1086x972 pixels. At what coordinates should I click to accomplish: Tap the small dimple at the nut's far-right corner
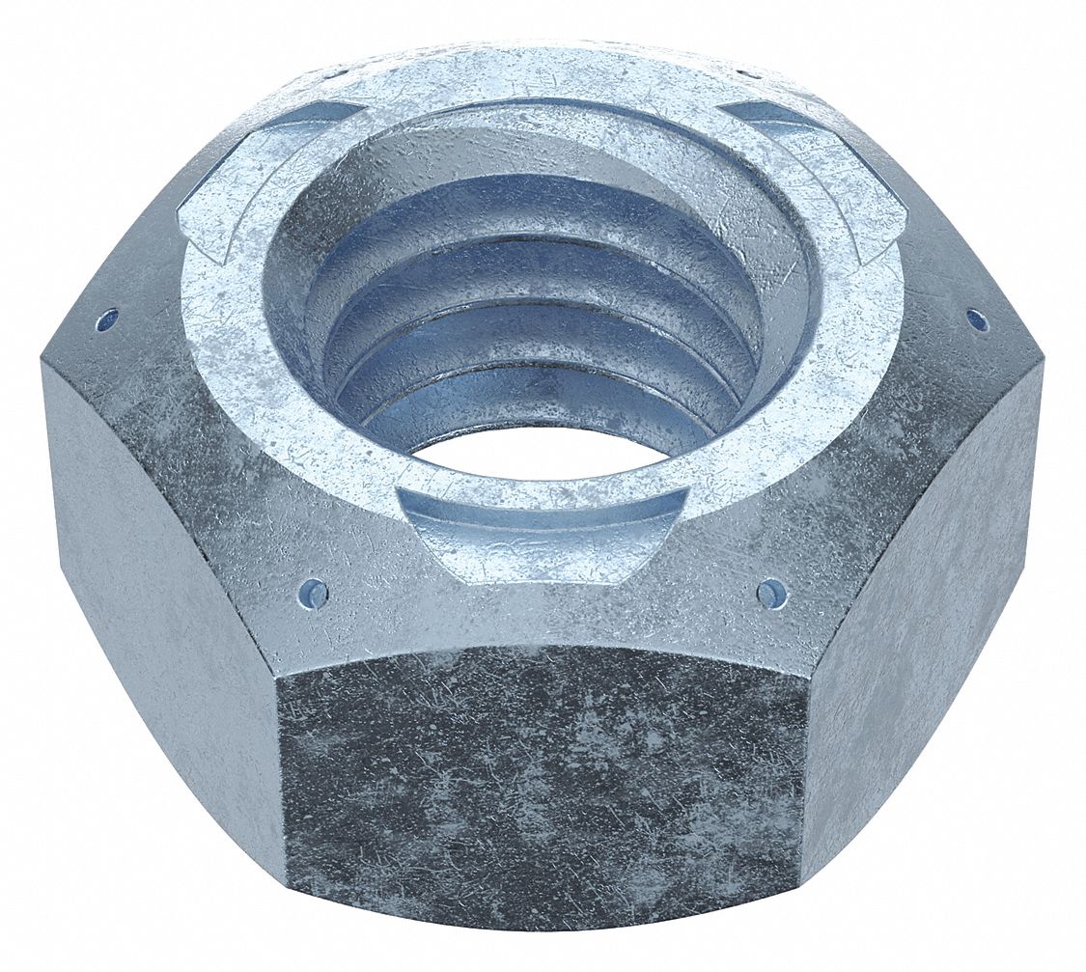tap(977, 318)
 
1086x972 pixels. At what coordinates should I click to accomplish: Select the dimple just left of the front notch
tap(314, 592)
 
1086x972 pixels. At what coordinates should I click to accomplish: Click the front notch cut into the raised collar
tap(543, 526)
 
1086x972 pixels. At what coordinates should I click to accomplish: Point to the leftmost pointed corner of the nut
tap(42, 362)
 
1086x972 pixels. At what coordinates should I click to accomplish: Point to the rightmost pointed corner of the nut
tap(1043, 362)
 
